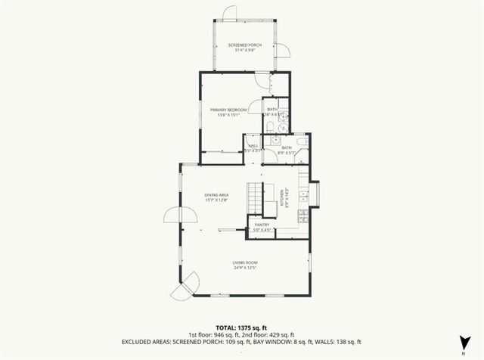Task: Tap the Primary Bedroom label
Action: [228, 110]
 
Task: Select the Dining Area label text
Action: [216, 195]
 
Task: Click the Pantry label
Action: [262, 225]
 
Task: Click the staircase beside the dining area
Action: [262, 198]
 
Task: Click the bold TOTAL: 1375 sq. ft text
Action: [242, 327]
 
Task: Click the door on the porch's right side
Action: [283, 51]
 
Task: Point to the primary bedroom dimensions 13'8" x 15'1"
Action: [228, 115]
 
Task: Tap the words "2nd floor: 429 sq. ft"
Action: [268, 334]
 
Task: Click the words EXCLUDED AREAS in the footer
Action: [147, 341]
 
